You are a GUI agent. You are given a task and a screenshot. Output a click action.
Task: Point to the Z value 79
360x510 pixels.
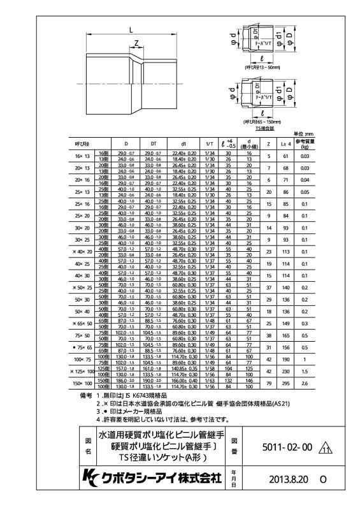pos(269,383)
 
